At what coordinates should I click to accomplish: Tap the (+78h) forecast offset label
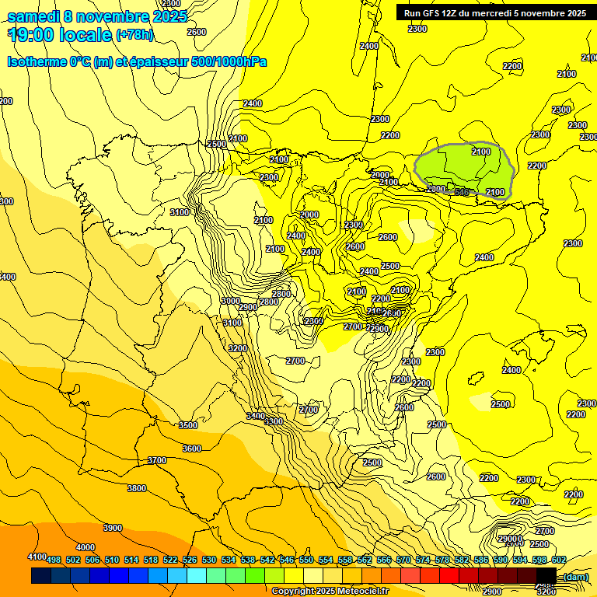134,34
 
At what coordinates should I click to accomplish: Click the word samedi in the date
33,16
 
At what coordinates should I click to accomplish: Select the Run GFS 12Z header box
494,12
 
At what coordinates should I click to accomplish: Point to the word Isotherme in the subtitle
37,61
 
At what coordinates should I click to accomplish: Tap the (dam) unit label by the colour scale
574,576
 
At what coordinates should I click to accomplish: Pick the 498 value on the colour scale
54,560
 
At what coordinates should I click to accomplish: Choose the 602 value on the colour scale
558,560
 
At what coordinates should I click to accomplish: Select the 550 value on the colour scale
306,560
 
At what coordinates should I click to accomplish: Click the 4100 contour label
37,557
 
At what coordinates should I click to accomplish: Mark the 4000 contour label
86,547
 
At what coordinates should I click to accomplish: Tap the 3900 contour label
113,528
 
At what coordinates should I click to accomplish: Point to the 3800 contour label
137,488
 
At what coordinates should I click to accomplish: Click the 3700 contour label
157,460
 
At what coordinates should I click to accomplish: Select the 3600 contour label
191,449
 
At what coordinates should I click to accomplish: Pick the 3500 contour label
188,425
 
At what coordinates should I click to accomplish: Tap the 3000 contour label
231,301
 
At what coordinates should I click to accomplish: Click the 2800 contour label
269,302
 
